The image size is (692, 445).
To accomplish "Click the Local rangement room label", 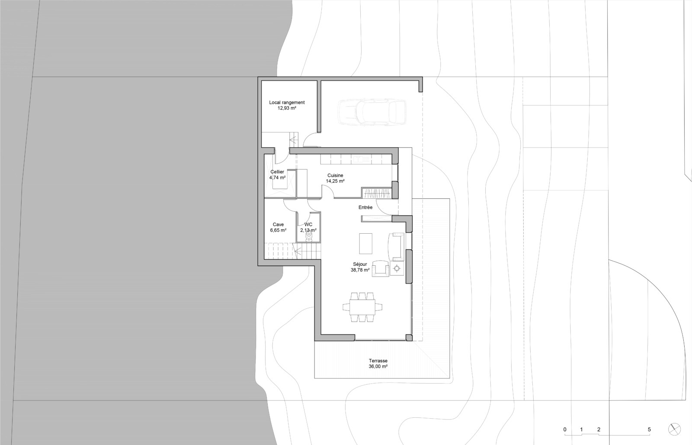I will pyautogui.click(x=287, y=103).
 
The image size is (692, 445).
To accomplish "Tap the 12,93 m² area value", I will pyautogui.click(x=287, y=108).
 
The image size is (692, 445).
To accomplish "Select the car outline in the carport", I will pyautogui.click(x=372, y=112).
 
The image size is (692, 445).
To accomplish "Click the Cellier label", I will pyautogui.click(x=277, y=172).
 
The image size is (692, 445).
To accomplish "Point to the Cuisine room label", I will pyautogui.click(x=335, y=175).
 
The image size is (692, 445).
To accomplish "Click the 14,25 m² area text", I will pyautogui.click(x=335, y=181).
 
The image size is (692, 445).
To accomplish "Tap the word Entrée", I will pyautogui.click(x=365, y=207).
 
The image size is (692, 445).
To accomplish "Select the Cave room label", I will pyautogui.click(x=278, y=224).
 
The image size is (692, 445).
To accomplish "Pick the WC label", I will pyautogui.click(x=308, y=224).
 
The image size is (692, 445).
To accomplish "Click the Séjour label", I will pyautogui.click(x=360, y=264).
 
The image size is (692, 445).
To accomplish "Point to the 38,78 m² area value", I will pyautogui.click(x=360, y=270).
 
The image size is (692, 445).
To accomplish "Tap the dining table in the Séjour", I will pyautogui.click(x=362, y=307).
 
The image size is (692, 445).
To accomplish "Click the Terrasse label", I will pyautogui.click(x=378, y=361).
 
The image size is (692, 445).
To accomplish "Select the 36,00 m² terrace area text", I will pyautogui.click(x=378, y=366).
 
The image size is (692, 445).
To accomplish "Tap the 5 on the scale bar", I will pyautogui.click(x=649, y=429).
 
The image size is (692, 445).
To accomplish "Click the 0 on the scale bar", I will pyautogui.click(x=565, y=429).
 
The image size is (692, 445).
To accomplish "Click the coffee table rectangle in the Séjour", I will pyautogui.click(x=365, y=243).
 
